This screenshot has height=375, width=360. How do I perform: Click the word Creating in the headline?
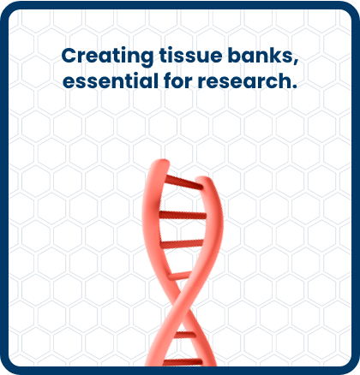point(107,57)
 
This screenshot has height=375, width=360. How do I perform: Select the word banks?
point(260,55)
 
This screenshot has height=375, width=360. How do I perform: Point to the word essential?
point(111,80)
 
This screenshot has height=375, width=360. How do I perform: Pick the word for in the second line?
point(178,80)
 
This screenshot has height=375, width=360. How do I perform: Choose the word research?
point(244,80)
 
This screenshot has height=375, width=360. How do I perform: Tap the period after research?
point(294,86)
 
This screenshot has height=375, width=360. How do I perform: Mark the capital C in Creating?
point(69,56)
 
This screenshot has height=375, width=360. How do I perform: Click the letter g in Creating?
point(147,58)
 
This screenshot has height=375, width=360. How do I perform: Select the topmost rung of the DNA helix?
point(184,182)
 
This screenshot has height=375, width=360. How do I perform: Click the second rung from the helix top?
point(183,215)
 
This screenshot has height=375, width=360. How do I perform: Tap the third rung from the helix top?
point(182,244)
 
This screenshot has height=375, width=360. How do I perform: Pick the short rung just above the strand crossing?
point(180,276)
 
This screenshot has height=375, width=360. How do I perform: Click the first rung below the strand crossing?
point(185,335)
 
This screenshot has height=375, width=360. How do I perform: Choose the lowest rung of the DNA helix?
point(183,362)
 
